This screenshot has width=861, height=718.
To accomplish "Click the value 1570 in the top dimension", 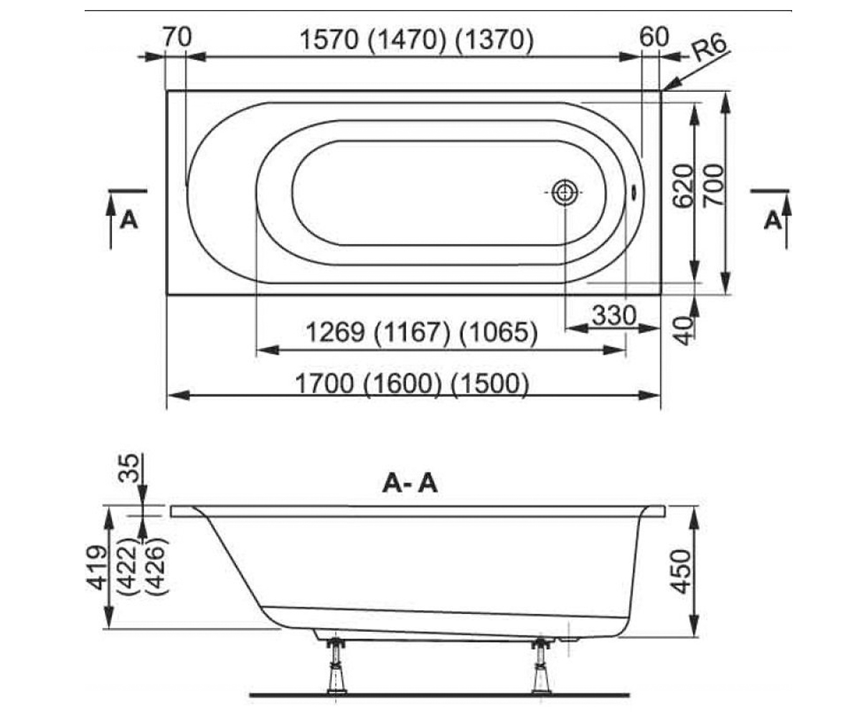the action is point(329,40).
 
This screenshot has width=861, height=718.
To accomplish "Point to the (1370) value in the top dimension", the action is point(494,40).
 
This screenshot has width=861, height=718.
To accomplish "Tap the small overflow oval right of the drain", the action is point(634,192).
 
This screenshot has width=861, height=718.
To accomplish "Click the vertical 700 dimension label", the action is point(713,185).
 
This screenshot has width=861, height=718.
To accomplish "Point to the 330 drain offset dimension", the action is point(614,315).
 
